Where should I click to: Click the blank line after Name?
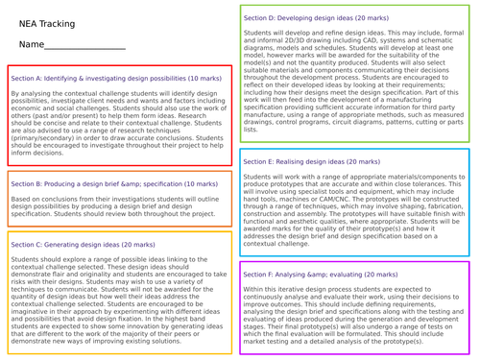86,47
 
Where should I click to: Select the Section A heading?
115,78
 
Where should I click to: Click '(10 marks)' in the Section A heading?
205,78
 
